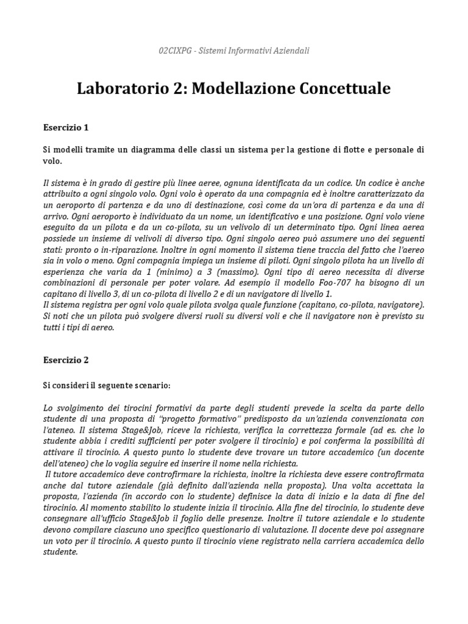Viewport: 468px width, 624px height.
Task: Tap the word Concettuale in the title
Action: [x=344, y=88]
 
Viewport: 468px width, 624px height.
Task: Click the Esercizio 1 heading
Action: [x=66, y=128]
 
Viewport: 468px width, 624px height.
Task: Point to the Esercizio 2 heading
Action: [x=66, y=360]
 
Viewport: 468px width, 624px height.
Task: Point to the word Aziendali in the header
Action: [x=287, y=51]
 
